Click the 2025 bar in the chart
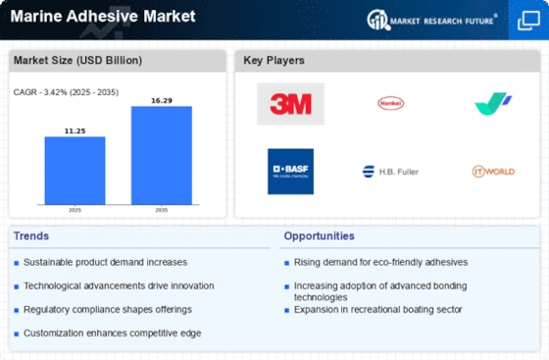(75, 171)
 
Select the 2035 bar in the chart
(162, 155)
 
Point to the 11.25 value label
(75, 131)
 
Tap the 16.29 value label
(162, 100)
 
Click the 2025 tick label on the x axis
(75, 210)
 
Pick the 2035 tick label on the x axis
(162, 210)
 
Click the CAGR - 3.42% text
(40, 92)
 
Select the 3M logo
(290, 104)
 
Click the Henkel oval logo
(391, 103)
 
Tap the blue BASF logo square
(290, 172)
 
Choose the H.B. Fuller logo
(390, 172)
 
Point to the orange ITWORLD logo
(493, 172)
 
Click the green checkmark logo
(492, 103)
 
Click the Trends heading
(31, 236)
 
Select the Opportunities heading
(319, 236)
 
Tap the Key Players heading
(274, 60)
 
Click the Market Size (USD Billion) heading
(77, 60)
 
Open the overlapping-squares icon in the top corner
(528, 21)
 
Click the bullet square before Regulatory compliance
(16, 311)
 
